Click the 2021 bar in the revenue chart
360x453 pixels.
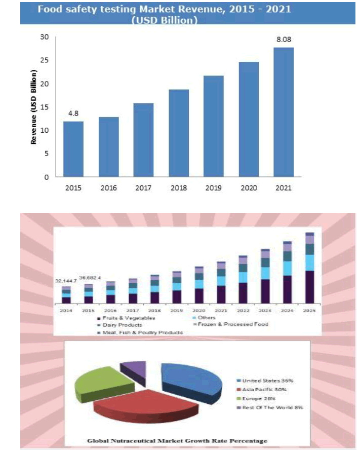point(284,112)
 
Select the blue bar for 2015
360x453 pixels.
point(73,149)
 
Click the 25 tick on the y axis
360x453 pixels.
point(45,60)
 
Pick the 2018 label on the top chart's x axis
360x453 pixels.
point(179,187)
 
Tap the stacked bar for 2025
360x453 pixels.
point(310,269)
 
